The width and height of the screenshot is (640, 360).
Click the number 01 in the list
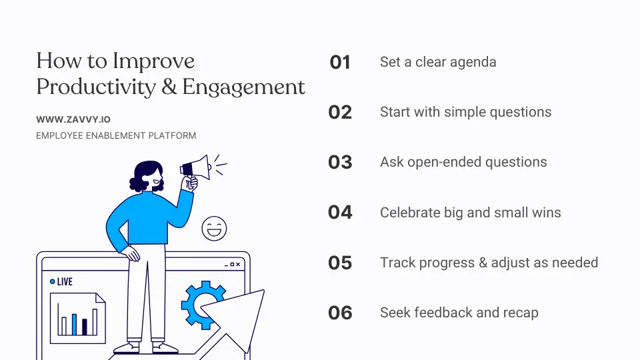(x=340, y=63)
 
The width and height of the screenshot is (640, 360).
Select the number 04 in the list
(x=340, y=213)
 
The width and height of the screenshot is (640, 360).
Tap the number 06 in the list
(x=340, y=313)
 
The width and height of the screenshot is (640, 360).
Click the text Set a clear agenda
(x=438, y=62)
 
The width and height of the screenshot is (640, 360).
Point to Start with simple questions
(x=465, y=112)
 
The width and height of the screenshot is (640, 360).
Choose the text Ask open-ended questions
(x=463, y=162)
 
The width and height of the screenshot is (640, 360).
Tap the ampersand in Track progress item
(x=483, y=263)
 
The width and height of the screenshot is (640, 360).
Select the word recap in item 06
(x=520, y=313)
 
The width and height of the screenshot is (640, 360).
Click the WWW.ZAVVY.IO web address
(x=73, y=120)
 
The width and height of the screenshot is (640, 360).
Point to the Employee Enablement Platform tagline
(x=116, y=135)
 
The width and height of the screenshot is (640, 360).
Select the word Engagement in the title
(x=244, y=87)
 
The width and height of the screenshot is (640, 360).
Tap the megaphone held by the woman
(x=196, y=167)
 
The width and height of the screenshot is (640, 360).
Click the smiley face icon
(x=214, y=229)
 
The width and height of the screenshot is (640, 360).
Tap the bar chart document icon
(x=77, y=318)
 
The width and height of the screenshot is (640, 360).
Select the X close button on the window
(x=239, y=265)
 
